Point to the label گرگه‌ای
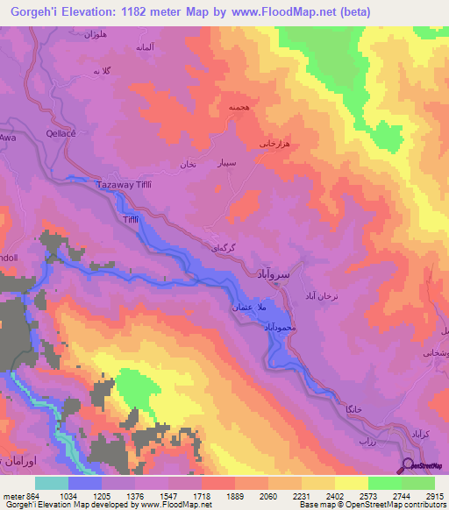click(x=223, y=248)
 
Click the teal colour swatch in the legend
click(x=52, y=483)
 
